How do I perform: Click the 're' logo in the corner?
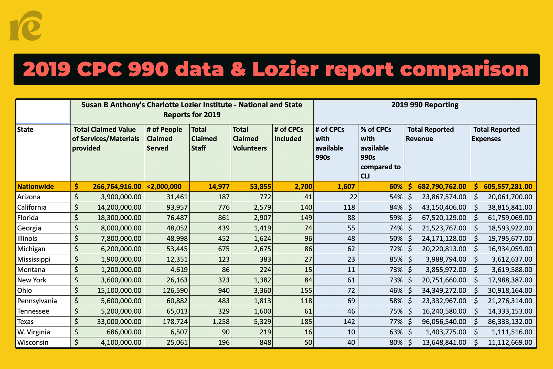click(x=26, y=26)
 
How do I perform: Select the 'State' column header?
click(x=25, y=129)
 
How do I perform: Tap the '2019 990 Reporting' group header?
click(x=425, y=105)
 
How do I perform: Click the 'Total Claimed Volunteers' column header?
click(x=250, y=139)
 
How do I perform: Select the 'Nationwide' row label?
click(x=35, y=187)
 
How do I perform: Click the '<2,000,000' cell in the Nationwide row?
click(x=164, y=187)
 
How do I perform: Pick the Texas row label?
click(x=25, y=322)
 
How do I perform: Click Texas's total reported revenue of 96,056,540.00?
click(x=444, y=322)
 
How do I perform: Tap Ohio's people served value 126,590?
click(x=175, y=290)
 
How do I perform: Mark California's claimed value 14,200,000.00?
click(x=119, y=207)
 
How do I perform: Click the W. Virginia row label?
click(x=34, y=332)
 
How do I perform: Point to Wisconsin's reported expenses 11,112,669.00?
click(x=510, y=342)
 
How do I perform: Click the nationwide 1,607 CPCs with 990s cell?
click(x=346, y=187)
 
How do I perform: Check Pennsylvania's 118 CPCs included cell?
click(x=306, y=301)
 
